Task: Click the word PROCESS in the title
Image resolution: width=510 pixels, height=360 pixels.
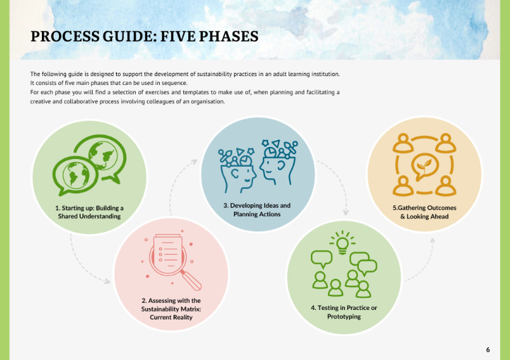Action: point(65,36)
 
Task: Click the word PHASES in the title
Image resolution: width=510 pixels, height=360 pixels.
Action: point(228,36)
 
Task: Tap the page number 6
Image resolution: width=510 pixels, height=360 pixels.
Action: point(488,350)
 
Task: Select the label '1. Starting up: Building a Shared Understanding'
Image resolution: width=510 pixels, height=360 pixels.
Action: point(89,212)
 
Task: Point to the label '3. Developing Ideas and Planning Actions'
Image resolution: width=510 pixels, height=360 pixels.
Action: point(257,210)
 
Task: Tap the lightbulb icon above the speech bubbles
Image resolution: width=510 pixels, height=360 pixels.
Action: point(342,243)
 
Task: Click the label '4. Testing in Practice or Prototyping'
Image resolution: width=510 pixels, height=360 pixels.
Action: point(344,312)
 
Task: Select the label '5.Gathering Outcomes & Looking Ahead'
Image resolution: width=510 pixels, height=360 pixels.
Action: point(424,212)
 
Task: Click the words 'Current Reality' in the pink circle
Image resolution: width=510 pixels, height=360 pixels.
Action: point(171,317)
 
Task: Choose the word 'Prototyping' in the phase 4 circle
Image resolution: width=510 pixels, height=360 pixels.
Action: point(344,316)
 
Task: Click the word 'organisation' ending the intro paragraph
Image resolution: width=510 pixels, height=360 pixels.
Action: point(207,101)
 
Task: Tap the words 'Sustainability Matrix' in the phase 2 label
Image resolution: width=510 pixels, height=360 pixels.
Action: point(171,309)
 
